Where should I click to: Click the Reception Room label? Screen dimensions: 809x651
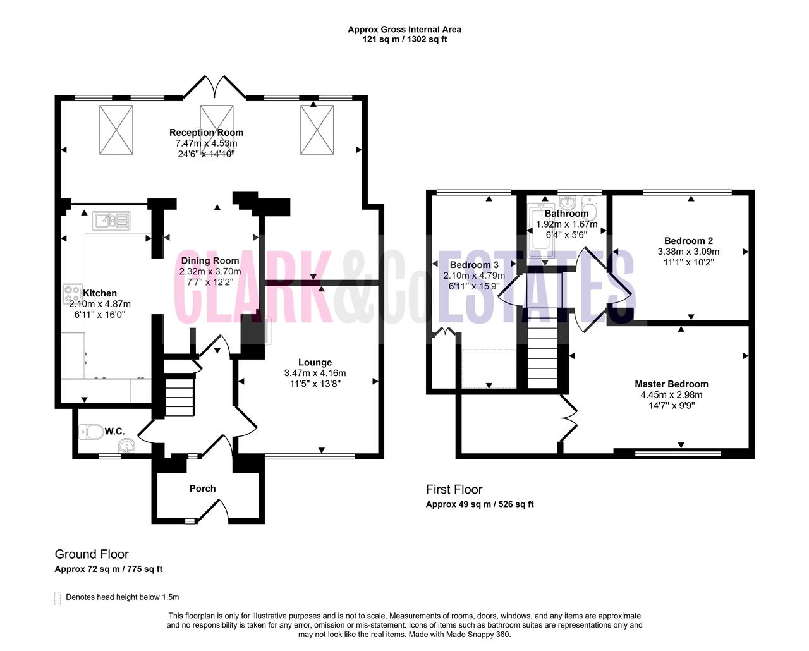click(206, 132)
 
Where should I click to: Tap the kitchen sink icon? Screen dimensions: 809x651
click(111, 221)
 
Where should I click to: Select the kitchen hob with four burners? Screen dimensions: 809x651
click(73, 294)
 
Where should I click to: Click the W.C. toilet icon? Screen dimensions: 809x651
click(92, 432)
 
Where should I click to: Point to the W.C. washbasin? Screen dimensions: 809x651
click(126, 446)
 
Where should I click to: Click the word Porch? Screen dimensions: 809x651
click(203, 489)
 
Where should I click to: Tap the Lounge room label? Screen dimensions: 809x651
click(315, 362)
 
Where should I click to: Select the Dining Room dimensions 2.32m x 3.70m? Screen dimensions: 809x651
click(210, 271)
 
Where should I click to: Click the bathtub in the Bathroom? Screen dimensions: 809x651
click(541, 231)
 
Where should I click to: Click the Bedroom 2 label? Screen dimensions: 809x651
click(688, 241)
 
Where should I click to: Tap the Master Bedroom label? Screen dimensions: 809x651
click(671, 384)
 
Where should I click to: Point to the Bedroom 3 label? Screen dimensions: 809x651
click(474, 265)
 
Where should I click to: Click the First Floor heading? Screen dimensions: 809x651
click(454, 489)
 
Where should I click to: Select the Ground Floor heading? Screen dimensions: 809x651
click(92, 554)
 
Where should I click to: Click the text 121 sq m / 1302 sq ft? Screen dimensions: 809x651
click(404, 39)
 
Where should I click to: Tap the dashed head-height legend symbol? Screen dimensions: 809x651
click(58, 599)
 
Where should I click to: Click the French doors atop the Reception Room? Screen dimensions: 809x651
click(215, 87)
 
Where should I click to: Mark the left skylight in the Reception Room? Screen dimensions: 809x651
click(116, 130)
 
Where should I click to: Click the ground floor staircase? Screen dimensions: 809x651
click(179, 388)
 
